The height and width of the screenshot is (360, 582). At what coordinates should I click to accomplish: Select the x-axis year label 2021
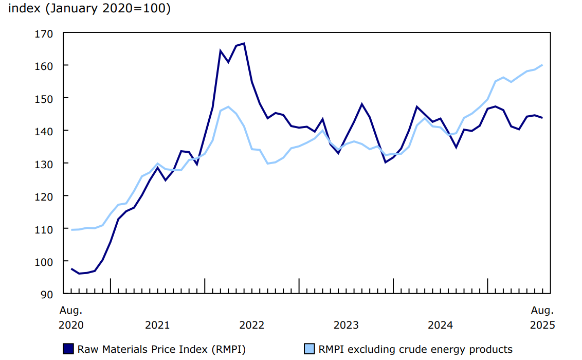pyautogui.click(x=157, y=325)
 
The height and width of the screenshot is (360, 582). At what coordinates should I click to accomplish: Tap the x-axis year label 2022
pyautogui.click(x=251, y=325)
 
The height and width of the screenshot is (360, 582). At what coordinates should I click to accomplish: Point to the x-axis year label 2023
pyautogui.click(x=346, y=325)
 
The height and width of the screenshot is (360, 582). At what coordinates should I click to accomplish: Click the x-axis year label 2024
pyautogui.click(x=440, y=325)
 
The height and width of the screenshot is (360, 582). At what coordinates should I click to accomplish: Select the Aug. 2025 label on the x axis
pyautogui.click(x=542, y=317)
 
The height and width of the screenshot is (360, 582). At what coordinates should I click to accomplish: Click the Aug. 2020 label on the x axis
pyautogui.click(x=71, y=317)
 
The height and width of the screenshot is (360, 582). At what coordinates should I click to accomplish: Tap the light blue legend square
pyautogui.click(x=309, y=349)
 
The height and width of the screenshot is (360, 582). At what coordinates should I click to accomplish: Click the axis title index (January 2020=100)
pyautogui.click(x=89, y=9)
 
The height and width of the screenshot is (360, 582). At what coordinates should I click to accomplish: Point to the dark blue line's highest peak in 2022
pyautogui.click(x=244, y=44)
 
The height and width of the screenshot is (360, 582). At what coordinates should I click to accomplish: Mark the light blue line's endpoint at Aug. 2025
pyautogui.click(x=542, y=65)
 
